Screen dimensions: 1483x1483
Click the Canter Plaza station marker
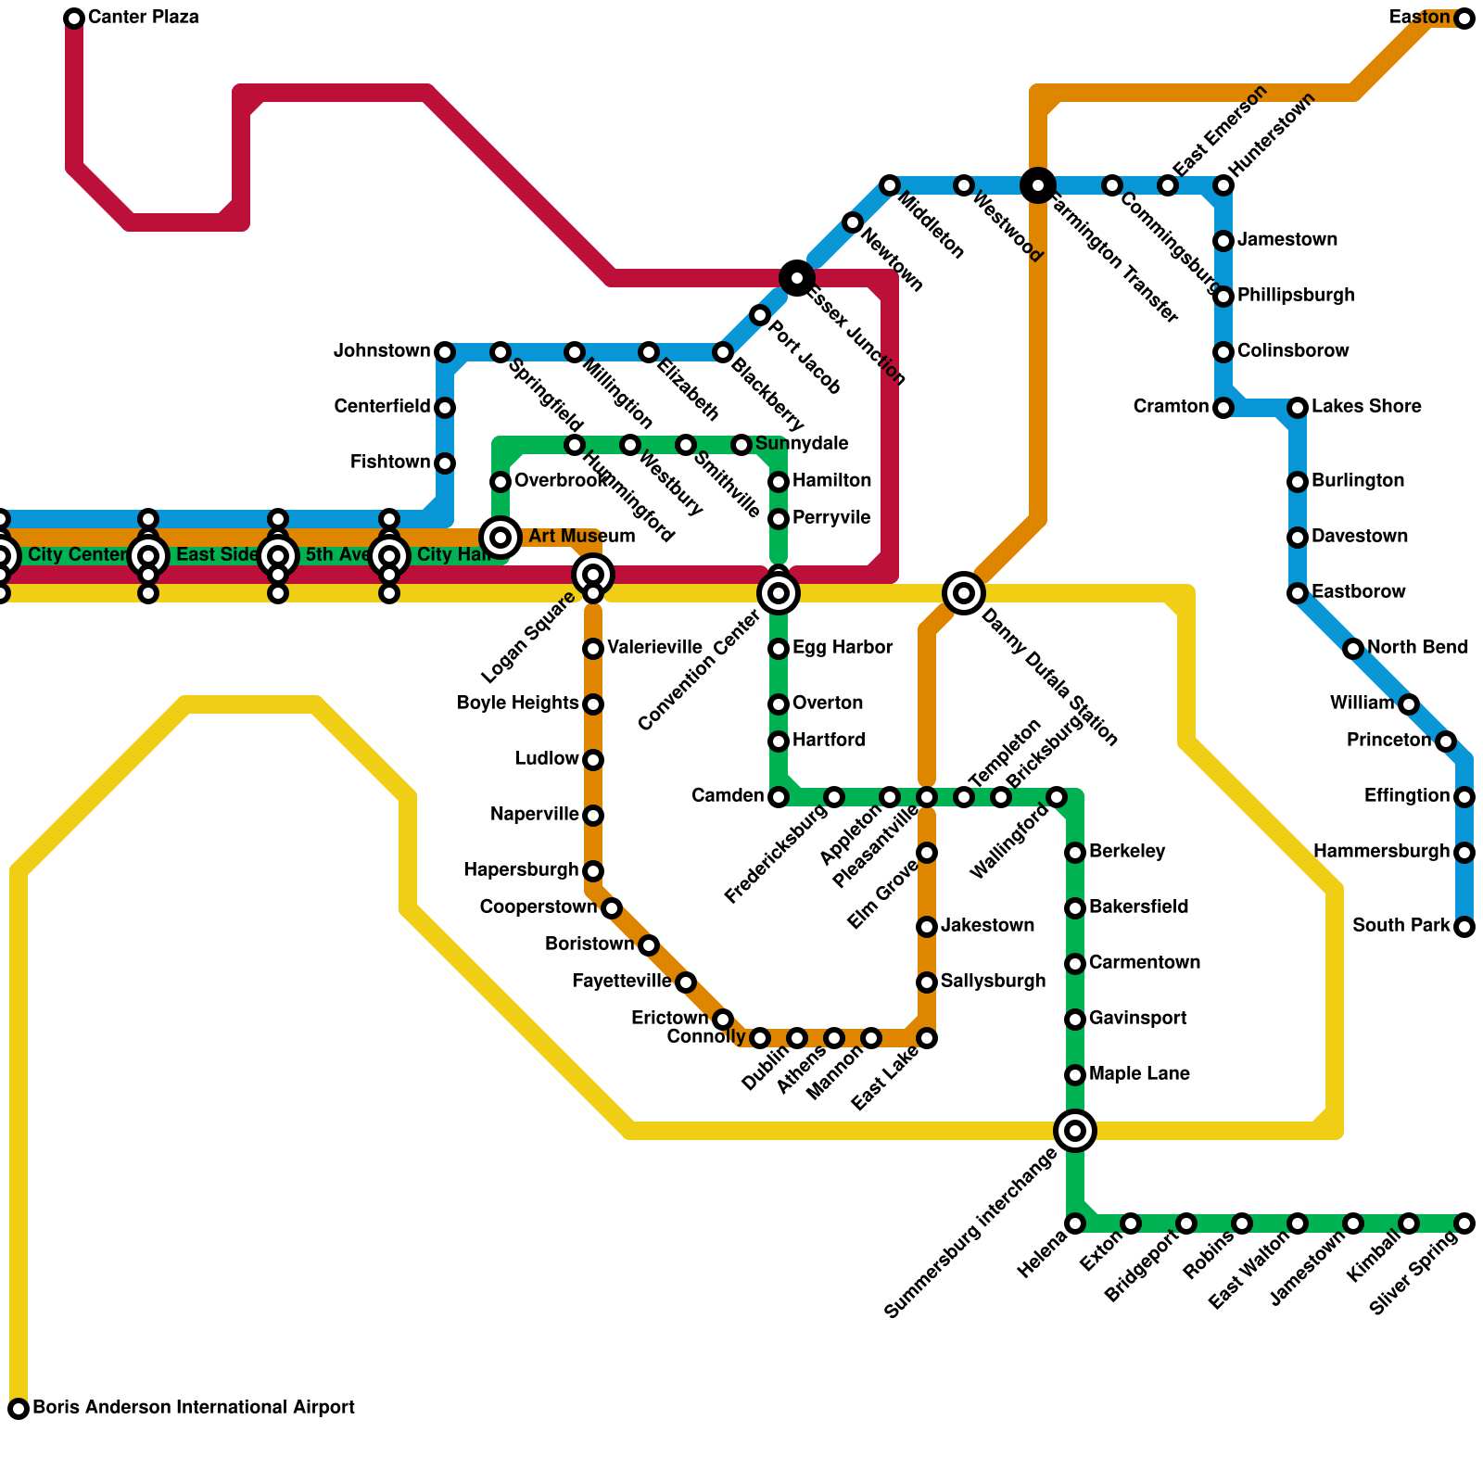click(x=74, y=19)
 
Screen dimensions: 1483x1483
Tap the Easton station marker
click(x=1464, y=19)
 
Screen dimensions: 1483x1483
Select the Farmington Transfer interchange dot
click(x=1038, y=185)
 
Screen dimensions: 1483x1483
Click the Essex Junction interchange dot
click(x=797, y=278)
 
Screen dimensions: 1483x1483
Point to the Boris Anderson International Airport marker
click(x=19, y=1409)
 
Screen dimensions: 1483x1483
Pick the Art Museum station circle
click(x=501, y=538)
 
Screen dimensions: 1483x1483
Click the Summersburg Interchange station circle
click(x=1075, y=1131)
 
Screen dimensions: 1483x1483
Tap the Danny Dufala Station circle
click(x=964, y=593)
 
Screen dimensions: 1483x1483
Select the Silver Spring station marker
click(x=1464, y=1223)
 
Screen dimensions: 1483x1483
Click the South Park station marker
click(x=1464, y=927)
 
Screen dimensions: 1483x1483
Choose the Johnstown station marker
click(x=445, y=352)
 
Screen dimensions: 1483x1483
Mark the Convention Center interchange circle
click(x=779, y=593)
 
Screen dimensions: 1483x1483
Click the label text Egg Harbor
click(x=843, y=648)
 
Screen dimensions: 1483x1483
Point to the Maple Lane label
click(x=1139, y=1074)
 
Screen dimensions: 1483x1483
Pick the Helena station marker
click(x=1075, y=1223)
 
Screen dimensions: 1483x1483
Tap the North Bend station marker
click(x=1353, y=649)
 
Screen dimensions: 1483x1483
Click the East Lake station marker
click(x=927, y=1038)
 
